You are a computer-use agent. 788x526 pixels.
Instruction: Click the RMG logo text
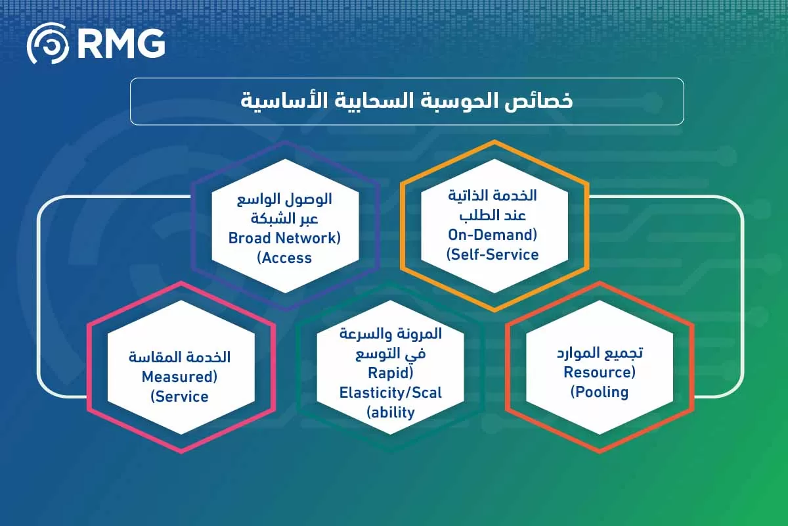point(121,43)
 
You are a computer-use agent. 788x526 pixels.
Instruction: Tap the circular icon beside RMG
point(48,43)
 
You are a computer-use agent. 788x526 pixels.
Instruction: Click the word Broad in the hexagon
point(250,238)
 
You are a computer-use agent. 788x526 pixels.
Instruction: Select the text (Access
point(284,258)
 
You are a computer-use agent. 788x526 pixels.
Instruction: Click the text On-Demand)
point(492,235)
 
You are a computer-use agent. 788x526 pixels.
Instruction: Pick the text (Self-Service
point(492,254)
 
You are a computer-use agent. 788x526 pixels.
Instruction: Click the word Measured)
point(179,377)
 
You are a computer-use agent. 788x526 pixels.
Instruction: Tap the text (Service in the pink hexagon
point(179,396)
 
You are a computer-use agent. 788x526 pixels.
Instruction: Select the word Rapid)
point(391,373)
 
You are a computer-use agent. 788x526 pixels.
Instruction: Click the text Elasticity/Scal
point(391,393)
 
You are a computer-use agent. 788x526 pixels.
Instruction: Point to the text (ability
point(391,412)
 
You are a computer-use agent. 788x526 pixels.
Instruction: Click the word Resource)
point(600,372)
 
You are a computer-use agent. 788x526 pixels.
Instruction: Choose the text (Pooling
point(600,392)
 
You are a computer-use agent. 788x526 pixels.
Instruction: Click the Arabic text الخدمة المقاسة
point(179,357)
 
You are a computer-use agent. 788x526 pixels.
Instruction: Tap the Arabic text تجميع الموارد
point(600,353)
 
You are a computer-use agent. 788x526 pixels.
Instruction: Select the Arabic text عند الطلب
point(492,215)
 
